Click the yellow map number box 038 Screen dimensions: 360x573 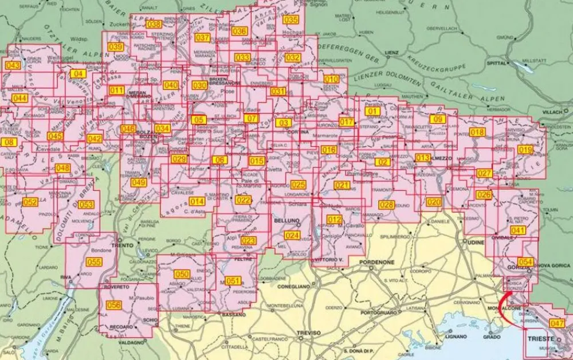pos(154,25)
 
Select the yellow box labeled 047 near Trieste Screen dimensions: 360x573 pos(556,323)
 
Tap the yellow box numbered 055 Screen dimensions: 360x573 pos(93,263)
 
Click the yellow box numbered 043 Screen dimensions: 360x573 pos(13,66)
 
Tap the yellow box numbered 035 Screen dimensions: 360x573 pos(291,20)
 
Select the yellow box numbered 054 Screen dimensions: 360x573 pos(525,262)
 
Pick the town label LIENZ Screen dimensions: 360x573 pos(392,52)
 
